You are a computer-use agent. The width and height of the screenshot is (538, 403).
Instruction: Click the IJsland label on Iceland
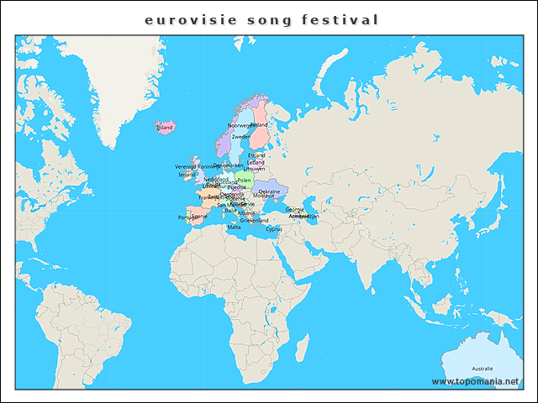[165, 128]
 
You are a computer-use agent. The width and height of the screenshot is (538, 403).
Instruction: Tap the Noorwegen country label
[240, 125]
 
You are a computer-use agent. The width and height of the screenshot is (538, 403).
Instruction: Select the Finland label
[259, 125]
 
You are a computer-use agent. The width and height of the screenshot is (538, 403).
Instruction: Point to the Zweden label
[240, 136]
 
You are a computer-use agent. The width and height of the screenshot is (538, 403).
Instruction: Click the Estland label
[256, 155]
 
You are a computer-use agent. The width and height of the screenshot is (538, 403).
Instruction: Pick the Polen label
[244, 180]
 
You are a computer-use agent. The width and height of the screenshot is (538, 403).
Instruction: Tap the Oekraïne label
[269, 191]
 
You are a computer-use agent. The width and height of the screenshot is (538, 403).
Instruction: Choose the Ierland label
[187, 175]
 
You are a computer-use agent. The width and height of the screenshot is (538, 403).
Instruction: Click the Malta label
[234, 227]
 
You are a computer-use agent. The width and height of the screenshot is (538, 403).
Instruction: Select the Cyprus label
[274, 228]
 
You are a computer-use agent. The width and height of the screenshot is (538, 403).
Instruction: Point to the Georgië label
[294, 209]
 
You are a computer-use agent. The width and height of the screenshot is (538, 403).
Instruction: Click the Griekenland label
[254, 221]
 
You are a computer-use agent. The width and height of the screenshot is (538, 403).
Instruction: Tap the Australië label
[482, 369]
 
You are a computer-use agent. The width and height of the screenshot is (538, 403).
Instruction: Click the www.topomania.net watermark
[481, 381]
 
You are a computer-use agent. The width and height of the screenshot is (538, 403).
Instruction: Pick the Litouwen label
[255, 169]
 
